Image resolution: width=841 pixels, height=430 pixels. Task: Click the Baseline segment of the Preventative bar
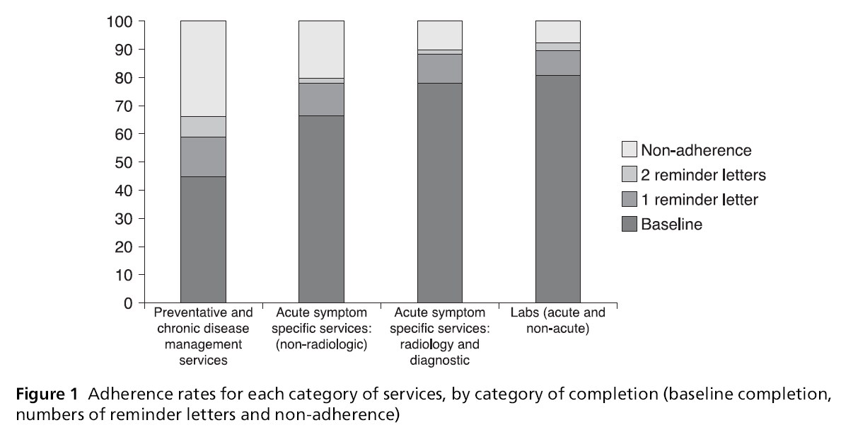(x=203, y=239)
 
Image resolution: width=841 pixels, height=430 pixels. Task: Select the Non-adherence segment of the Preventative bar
(x=203, y=69)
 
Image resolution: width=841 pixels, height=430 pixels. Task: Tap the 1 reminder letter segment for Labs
(x=557, y=62)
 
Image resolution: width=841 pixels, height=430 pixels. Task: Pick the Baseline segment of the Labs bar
(x=557, y=189)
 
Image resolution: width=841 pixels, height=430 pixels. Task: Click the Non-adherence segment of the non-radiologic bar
(x=321, y=49)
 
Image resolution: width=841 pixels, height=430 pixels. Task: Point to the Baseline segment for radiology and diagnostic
(x=439, y=193)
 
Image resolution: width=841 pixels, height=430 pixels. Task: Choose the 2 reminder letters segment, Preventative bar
(x=203, y=127)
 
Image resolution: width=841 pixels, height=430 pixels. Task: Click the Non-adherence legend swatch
(x=629, y=149)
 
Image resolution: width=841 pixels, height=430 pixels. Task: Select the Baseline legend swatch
(x=629, y=225)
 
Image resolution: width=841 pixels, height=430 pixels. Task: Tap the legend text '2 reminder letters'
(x=703, y=175)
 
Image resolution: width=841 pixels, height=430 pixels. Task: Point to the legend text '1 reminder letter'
(x=699, y=200)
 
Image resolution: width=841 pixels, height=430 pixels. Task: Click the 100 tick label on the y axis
(x=120, y=22)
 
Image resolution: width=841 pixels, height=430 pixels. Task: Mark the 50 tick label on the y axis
(x=124, y=162)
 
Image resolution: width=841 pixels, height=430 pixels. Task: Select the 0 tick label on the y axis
(x=129, y=303)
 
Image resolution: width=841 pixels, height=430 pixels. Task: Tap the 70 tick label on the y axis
(x=124, y=106)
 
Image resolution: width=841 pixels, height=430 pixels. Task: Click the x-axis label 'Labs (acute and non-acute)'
(x=557, y=321)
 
